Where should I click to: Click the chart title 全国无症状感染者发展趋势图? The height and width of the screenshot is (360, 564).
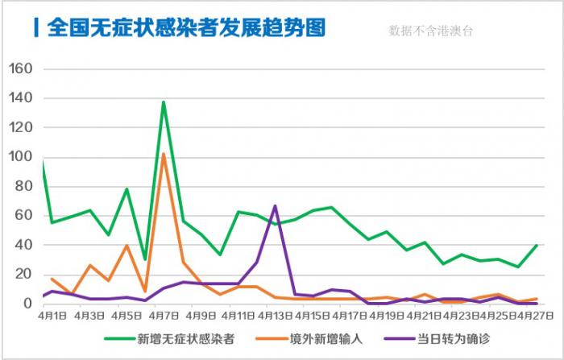coord(186,27)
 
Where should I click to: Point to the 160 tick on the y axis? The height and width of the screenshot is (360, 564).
coord(19,69)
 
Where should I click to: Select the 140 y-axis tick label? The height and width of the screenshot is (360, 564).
coord(19,98)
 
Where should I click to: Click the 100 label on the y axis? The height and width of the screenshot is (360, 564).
coord(19,157)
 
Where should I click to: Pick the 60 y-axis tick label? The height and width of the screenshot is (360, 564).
coord(23,216)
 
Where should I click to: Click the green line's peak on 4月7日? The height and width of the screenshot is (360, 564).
coord(164,102)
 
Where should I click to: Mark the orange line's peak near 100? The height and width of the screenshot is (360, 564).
coord(164,154)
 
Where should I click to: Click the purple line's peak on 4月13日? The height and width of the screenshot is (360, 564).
coord(276,206)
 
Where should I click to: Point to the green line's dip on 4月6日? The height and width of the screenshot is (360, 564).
coord(145,259)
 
